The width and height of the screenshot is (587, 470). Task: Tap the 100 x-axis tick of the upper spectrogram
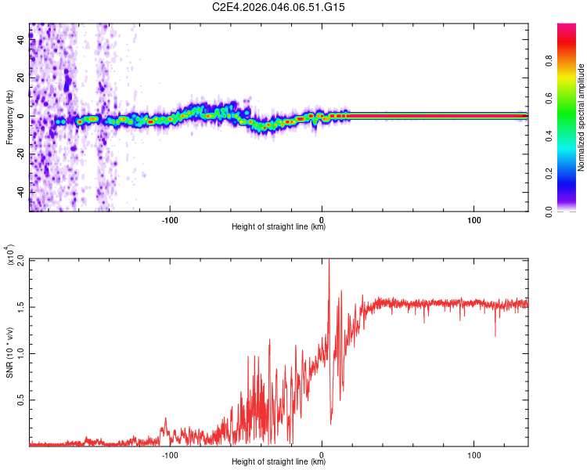tap(474, 220)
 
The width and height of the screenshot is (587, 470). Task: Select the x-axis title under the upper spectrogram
tap(279, 227)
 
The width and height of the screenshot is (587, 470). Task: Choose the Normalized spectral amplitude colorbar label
tap(582, 117)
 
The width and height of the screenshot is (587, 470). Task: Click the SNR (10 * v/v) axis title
tap(9, 352)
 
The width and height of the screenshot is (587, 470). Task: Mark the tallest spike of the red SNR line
tap(329, 260)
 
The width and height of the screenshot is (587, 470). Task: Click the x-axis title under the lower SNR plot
tap(279, 462)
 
